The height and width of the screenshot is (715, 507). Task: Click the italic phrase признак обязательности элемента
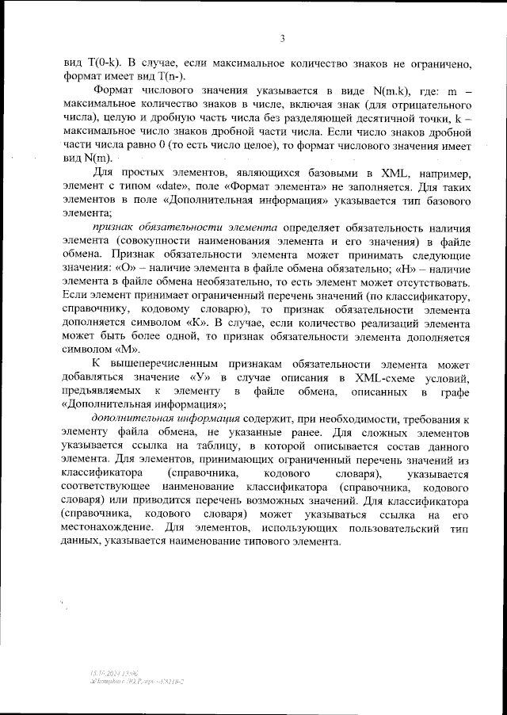[x=183, y=226]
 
